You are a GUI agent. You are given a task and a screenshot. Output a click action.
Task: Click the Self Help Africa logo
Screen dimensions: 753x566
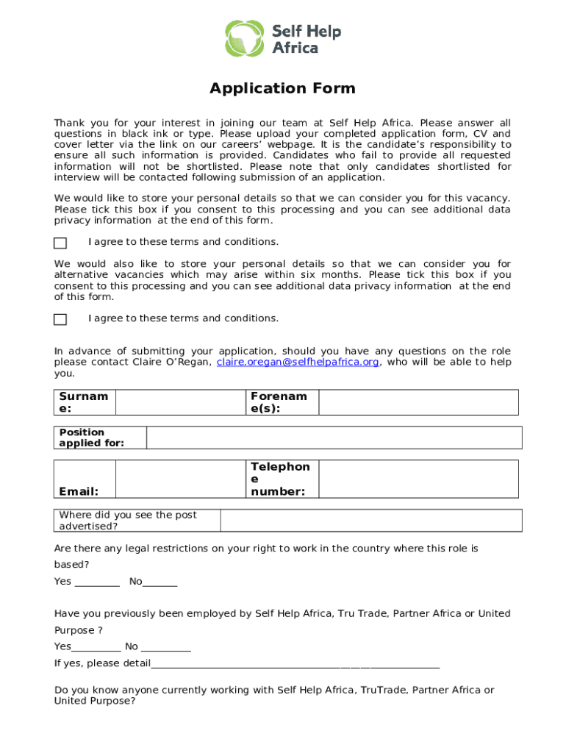coord(282,39)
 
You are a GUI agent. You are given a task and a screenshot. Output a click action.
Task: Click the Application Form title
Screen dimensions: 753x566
coord(282,89)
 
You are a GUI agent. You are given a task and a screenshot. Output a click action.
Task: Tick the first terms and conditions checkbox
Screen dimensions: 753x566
coord(60,243)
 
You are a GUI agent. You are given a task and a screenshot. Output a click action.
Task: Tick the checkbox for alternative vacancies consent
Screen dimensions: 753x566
coord(60,319)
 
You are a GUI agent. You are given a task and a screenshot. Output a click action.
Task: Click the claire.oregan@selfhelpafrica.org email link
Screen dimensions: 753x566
coord(298,363)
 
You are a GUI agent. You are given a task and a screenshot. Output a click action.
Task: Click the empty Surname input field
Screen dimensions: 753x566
coord(180,402)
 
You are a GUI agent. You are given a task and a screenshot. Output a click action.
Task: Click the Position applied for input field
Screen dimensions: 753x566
coord(334,438)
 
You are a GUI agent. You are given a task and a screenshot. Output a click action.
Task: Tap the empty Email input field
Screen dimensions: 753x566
coord(180,479)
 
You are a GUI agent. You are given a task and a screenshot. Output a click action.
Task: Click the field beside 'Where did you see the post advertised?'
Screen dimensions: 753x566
coord(371,521)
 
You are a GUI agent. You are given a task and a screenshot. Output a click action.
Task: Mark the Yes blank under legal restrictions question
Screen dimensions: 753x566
coord(96,582)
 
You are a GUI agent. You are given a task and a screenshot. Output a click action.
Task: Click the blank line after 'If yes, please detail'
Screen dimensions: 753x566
coord(294,664)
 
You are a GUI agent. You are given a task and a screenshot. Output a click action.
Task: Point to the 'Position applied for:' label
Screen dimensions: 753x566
coord(92,438)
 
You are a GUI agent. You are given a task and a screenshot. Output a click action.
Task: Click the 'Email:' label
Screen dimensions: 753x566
coord(79,491)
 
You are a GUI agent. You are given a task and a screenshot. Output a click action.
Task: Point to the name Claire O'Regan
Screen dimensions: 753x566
coord(173,363)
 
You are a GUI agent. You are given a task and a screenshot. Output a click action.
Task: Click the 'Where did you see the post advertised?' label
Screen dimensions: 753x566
coord(128,521)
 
